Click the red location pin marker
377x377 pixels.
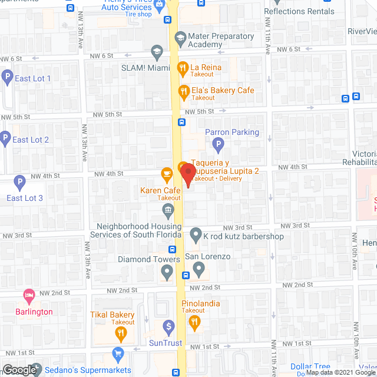(187, 174)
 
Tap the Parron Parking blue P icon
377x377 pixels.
(218, 143)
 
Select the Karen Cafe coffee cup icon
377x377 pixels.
(167, 174)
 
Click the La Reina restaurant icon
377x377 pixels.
(183, 68)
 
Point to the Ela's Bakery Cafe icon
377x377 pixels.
(183, 91)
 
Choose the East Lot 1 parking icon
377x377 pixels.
(6, 77)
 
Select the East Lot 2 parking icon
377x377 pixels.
(5, 139)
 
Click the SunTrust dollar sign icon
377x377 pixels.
(168, 326)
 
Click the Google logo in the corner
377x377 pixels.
(19, 369)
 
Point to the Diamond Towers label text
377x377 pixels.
(148, 259)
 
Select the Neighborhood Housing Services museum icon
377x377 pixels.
(168, 210)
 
